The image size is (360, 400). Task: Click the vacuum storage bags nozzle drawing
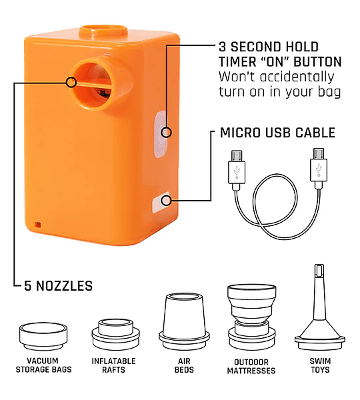43,337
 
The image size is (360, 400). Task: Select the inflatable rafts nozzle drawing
115,335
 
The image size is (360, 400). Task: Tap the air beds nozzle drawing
184,322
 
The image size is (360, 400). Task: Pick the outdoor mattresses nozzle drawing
252,317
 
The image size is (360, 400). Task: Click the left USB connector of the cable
237,170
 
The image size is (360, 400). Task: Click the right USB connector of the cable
319,169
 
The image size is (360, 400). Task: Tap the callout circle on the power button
166,133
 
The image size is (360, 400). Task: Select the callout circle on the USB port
166,201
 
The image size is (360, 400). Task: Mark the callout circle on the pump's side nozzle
71,83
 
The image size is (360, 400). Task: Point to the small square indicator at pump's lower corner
37,225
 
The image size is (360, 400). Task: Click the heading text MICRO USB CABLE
277,133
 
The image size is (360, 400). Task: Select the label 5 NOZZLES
58,286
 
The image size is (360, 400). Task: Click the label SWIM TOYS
320,365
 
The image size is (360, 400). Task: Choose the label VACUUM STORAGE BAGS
43,365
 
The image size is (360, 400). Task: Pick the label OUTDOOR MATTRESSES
251,366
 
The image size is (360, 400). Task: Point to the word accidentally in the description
297,77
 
